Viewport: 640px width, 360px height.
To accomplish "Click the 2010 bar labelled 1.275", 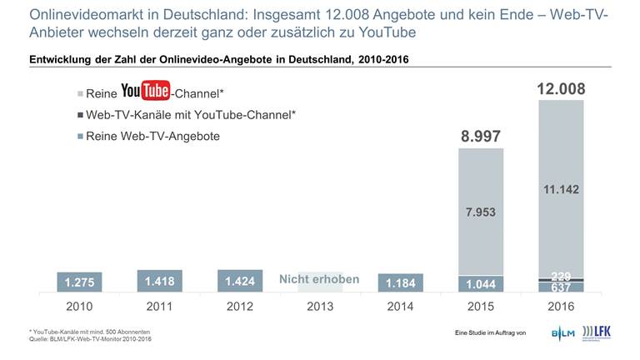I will click(80, 282).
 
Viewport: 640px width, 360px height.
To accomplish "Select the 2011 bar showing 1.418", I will click(160, 281).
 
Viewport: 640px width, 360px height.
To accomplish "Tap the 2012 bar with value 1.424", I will click(240, 281).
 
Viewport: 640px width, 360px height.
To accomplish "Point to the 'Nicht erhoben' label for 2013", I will click(320, 279).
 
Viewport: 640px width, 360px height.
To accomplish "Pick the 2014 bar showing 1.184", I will click(400, 282).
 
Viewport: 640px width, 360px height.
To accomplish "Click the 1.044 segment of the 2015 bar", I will click(481, 283).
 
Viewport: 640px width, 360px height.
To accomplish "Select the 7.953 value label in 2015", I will click(481, 212).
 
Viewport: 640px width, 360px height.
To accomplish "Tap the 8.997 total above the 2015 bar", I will click(481, 136).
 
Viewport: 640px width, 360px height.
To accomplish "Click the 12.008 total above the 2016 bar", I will click(561, 88).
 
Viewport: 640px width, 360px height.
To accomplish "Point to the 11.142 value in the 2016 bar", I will click(561, 189).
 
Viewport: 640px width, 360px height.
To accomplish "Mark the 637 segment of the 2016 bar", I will click(561, 287).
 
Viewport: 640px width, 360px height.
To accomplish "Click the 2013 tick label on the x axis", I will click(320, 306).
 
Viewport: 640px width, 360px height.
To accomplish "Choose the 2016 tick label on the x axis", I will click(561, 306).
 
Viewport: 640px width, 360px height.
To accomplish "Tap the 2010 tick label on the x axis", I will click(80, 306).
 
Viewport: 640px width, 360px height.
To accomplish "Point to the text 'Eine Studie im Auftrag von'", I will click(491, 333).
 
